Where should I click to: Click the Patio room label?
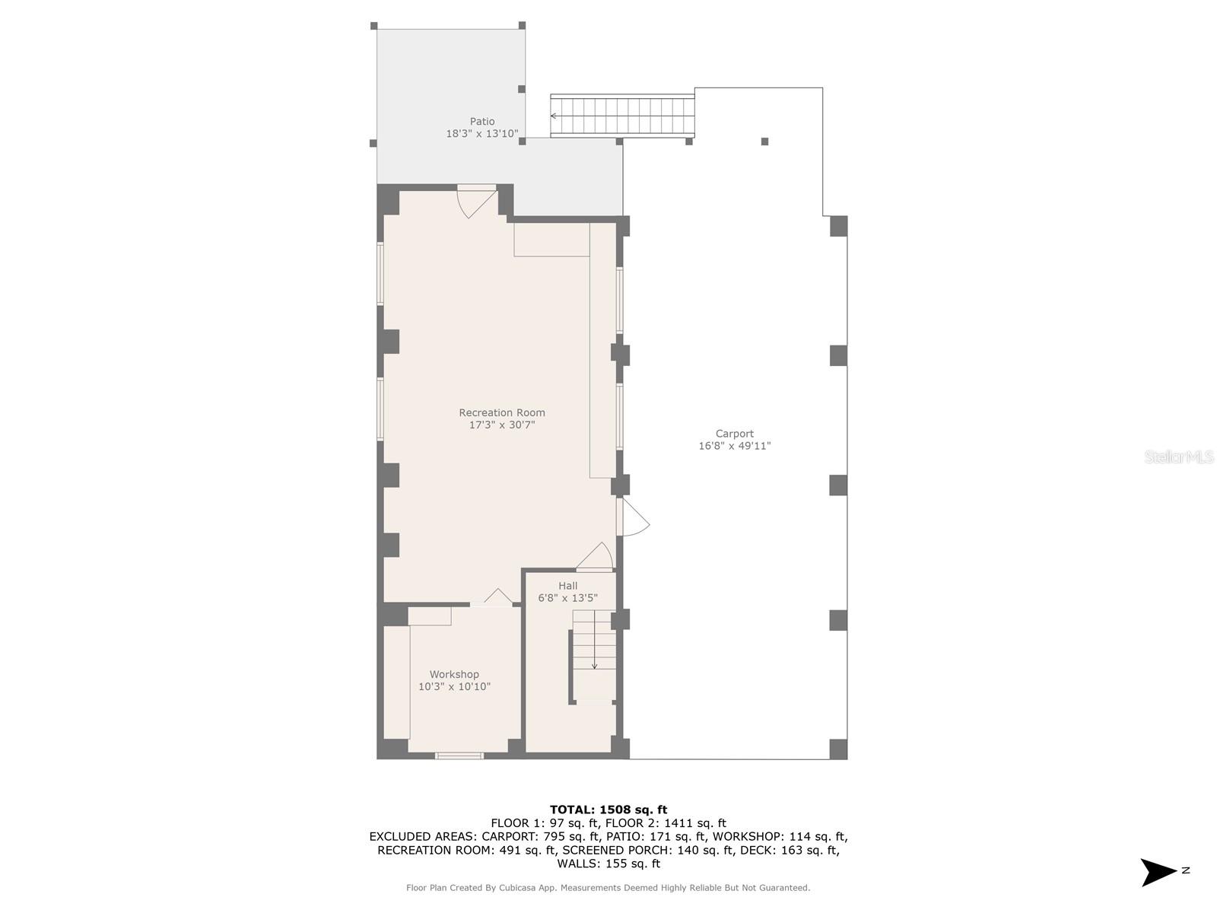(481, 122)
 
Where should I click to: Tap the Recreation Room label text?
(502, 413)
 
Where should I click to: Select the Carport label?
(734, 434)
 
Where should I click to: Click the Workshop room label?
(454, 674)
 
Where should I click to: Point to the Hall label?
(567, 586)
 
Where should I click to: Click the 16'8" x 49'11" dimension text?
(734, 446)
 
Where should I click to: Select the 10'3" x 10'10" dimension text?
(454, 686)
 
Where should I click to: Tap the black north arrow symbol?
(1158, 872)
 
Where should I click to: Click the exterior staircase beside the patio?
(622, 116)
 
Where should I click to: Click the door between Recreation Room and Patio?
(476, 199)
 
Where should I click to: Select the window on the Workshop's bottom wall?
(459, 756)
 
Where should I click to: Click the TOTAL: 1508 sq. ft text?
(608, 810)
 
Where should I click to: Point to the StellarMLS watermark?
(1179, 456)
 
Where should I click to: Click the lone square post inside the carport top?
(764, 142)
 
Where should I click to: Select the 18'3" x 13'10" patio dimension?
(481, 134)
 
